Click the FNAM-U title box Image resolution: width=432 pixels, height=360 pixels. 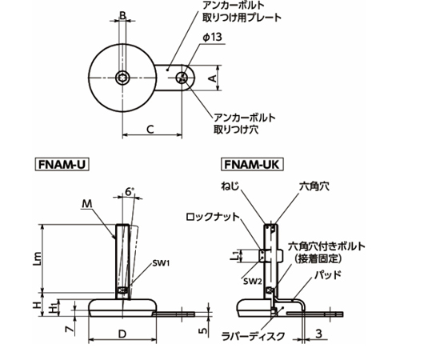point(62,166)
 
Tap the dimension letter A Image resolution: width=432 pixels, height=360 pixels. point(211,78)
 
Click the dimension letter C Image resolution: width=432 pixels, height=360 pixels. point(150,126)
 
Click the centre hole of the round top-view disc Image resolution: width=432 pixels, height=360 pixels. point(122,78)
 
